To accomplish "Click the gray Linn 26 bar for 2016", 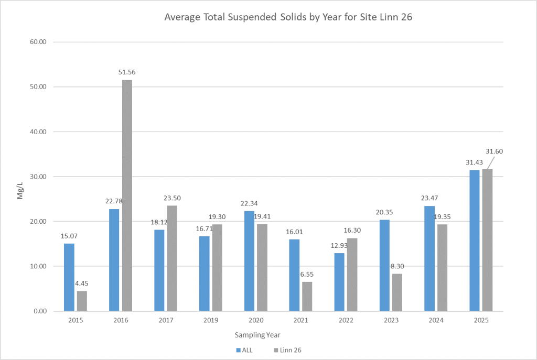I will [127, 195].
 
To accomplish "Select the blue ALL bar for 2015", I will [69, 277].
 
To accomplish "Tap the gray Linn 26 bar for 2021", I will [307, 296].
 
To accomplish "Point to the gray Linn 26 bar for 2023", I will [397, 292].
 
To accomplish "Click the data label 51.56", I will [127, 72].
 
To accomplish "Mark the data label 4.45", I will [81, 283].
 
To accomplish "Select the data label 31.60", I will [493, 151].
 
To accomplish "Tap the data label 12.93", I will [339, 245].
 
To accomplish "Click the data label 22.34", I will [249, 203].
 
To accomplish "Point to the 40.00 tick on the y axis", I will [39, 132].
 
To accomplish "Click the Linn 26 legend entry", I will [290, 350].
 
